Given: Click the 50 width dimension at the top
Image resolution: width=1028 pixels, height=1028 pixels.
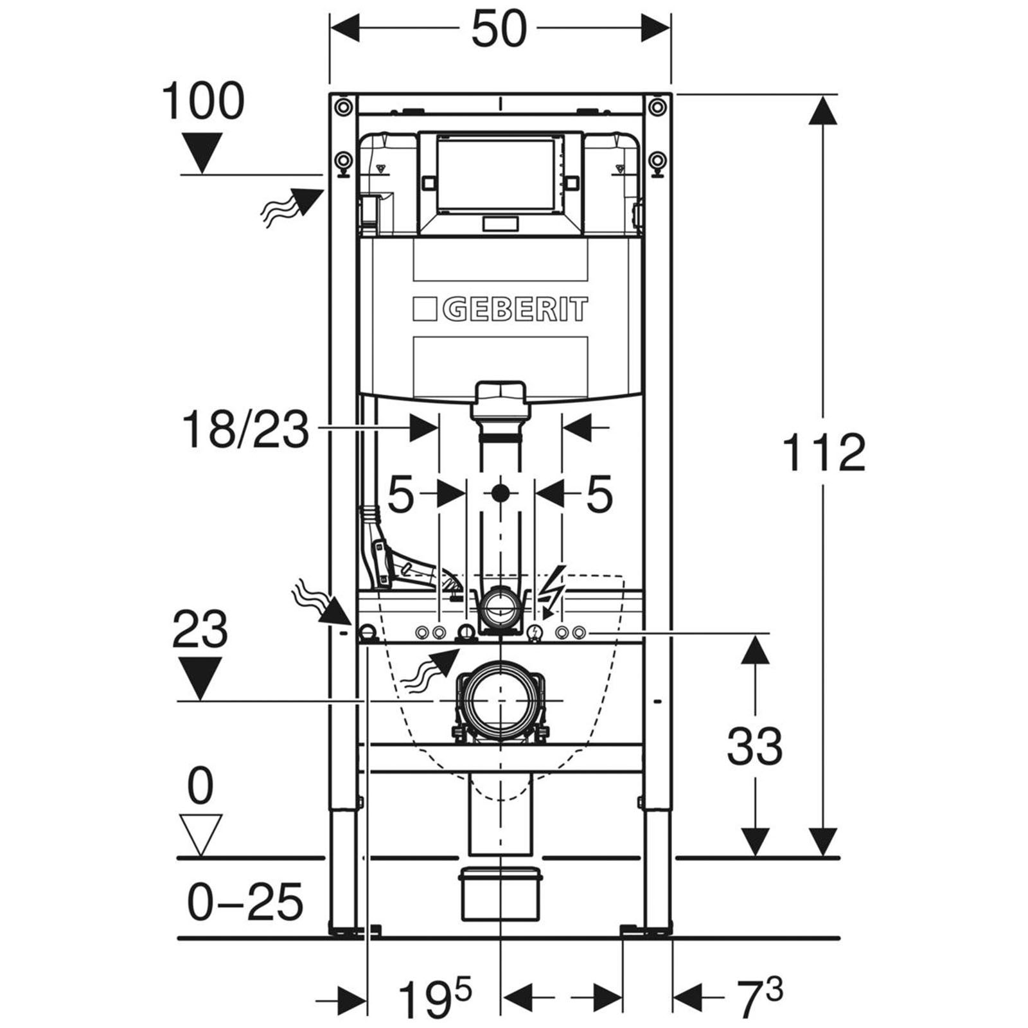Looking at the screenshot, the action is [499, 30].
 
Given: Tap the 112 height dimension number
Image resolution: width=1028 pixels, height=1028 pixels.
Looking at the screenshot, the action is [824, 453].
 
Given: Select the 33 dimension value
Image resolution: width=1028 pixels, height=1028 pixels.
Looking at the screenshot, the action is [754, 747].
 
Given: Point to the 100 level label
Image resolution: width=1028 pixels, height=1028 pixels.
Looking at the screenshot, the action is [202, 101].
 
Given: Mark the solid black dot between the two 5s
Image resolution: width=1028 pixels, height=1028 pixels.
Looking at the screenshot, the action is [500, 493].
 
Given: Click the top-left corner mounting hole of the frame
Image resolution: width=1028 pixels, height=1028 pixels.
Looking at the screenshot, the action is [344, 106].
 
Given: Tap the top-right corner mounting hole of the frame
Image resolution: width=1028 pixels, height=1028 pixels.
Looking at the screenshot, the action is [655, 106].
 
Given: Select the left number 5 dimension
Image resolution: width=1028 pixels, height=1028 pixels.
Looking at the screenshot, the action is [400, 495].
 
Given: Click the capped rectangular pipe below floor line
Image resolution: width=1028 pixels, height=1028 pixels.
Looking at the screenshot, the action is [499, 894].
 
